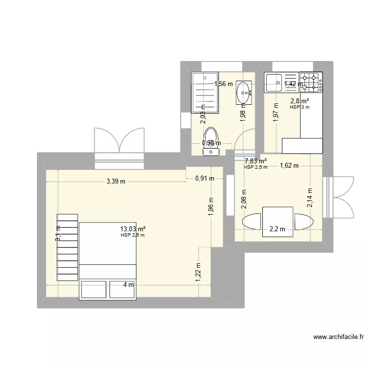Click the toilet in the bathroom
click(x=212, y=141)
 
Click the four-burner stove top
click(x=310, y=83)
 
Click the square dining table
click(x=278, y=218)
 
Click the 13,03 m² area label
click(x=133, y=229)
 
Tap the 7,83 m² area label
click(x=256, y=160)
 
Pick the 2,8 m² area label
click(x=299, y=101)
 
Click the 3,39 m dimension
click(x=116, y=181)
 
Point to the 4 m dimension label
click(x=128, y=284)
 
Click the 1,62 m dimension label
click(x=289, y=166)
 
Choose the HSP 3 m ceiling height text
click(x=300, y=107)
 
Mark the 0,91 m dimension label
click(x=204, y=178)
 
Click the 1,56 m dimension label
click(x=223, y=84)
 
